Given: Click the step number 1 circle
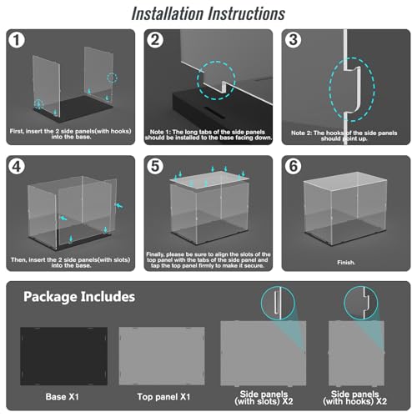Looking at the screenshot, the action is (x=17, y=40).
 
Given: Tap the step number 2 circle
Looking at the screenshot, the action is (x=155, y=40).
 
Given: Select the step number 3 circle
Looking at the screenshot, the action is (x=293, y=40).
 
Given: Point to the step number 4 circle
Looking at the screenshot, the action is (x=17, y=167).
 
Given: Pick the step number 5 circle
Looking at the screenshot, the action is (x=155, y=167).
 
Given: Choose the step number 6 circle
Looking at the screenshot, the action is (x=293, y=167).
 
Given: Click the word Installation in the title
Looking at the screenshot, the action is (x=168, y=14).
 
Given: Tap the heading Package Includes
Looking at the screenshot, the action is (x=79, y=297).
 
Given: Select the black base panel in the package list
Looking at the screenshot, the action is (x=63, y=356).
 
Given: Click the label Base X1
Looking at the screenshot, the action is (x=63, y=397).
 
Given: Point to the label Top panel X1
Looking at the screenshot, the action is (x=163, y=397).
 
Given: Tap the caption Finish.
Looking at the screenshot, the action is (x=346, y=263).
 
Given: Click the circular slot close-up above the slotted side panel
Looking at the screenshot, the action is (x=278, y=303).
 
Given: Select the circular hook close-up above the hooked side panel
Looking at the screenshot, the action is (x=361, y=303).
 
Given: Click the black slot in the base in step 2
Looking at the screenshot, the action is (x=214, y=109).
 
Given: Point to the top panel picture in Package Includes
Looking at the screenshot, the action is (x=162, y=356).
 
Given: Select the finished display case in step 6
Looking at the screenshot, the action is (x=345, y=208).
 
